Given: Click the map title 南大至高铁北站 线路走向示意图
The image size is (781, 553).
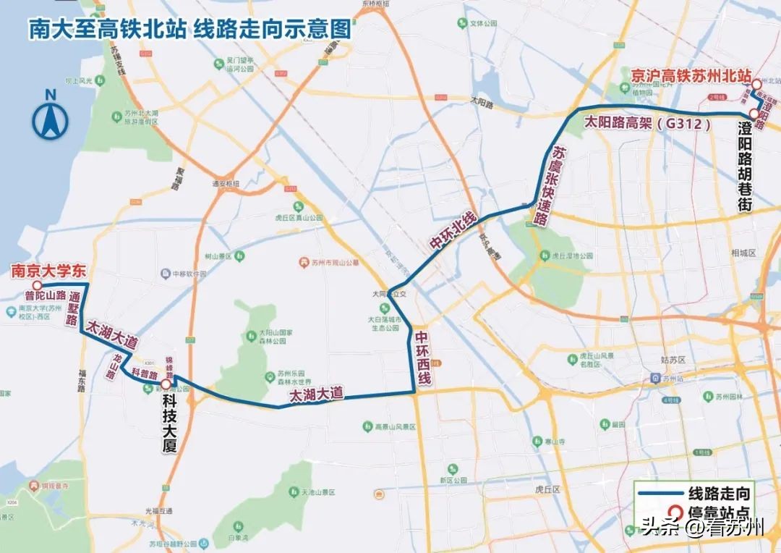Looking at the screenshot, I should pos(189,29).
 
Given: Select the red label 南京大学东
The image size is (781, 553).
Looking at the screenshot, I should pos(48,271).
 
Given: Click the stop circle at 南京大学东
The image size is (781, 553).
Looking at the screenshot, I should pos(35,285).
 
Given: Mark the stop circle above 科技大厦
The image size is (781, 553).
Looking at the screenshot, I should pos(166,384).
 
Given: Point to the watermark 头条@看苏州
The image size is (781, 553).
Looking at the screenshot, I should pos(702,528).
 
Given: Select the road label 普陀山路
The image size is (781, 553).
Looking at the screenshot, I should pos(46,295).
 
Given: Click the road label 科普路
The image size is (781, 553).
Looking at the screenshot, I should pos(145,373).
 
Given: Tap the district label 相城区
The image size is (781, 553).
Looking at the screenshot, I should pos(743,253).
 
